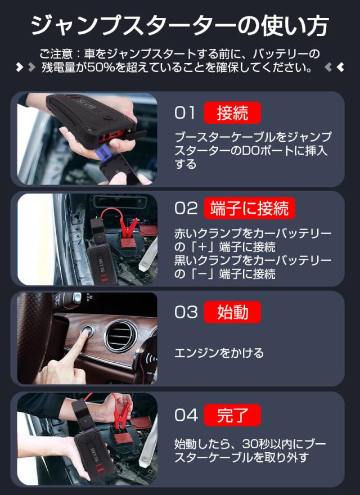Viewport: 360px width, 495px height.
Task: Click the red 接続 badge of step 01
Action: [232, 112]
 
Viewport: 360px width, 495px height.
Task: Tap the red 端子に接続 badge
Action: [249, 208]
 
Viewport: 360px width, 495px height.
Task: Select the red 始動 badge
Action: [232, 312]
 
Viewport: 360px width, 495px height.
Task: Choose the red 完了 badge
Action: [232, 415]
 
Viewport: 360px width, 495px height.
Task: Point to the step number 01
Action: [184, 112]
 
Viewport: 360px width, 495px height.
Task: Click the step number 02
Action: [186, 208]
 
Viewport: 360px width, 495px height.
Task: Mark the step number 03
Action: [186, 312]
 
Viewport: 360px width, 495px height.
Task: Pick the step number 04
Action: [186, 415]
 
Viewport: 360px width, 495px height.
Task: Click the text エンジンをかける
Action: [219, 353]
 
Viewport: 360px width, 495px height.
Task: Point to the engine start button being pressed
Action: [87, 331]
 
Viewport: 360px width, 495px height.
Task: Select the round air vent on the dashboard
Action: [121, 336]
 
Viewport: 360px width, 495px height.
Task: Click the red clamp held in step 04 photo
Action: [121, 411]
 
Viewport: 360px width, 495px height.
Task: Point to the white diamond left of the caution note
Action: [20, 67]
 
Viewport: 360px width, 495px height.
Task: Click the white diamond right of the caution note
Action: [340, 67]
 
